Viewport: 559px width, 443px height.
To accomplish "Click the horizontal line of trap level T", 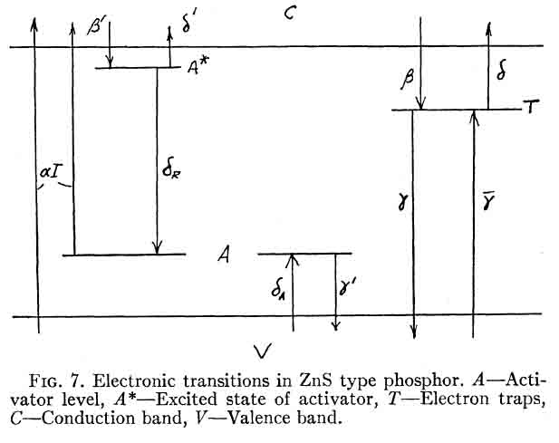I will tap(453, 111).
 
